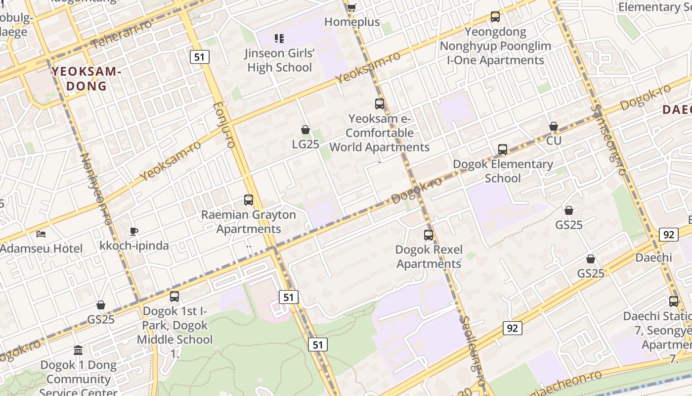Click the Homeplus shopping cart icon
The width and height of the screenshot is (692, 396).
tap(351, 7)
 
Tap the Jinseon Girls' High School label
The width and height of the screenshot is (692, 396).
tap(279, 60)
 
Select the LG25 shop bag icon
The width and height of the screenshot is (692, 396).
tap(305, 130)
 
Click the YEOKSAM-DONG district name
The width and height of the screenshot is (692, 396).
tap(86, 79)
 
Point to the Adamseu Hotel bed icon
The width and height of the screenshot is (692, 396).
tap(42, 234)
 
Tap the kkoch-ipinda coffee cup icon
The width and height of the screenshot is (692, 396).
tap(133, 231)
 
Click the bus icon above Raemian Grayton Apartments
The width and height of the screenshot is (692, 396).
tap(249, 200)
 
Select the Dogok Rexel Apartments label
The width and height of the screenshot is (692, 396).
tap(429, 256)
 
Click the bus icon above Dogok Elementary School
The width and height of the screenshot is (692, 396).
tap(503, 149)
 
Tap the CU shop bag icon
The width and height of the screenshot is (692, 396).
tap(554, 126)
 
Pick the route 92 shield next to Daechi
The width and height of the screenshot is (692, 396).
tap(668, 235)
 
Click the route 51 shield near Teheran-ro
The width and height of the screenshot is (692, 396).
tap(199, 57)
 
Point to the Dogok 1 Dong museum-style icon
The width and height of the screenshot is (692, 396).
tap(78, 350)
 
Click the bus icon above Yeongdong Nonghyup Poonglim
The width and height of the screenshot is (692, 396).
tap(495, 17)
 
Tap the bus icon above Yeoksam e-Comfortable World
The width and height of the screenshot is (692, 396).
tap(380, 104)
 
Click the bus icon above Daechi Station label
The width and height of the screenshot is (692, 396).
tap(673, 301)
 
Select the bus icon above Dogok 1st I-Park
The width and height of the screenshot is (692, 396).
tap(174, 297)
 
